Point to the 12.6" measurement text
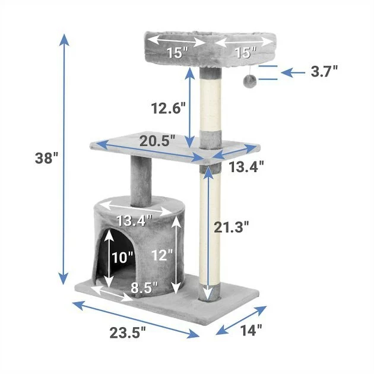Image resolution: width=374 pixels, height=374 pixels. pyautogui.click(x=168, y=108)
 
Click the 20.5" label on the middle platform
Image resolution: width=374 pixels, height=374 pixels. pyautogui.click(x=158, y=141)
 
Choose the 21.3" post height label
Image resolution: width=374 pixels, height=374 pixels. pyautogui.click(x=230, y=226)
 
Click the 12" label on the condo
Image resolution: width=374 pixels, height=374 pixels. pyautogui.click(x=161, y=256)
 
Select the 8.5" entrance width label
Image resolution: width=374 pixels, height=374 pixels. pyautogui.click(x=144, y=288)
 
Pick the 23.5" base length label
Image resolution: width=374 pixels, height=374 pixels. pyautogui.click(x=127, y=333)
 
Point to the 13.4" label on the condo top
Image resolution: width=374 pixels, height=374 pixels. pyautogui.click(x=134, y=221)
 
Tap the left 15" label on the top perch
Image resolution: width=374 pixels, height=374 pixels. pyautogui.click(x=176, y=52)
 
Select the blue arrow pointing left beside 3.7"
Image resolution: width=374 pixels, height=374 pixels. pyautogui.click(x=293, y=72)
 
